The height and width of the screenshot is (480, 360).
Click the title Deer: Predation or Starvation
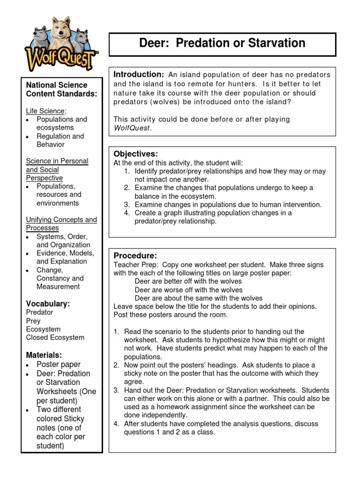(222, 44)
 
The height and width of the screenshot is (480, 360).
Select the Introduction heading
(138, 75)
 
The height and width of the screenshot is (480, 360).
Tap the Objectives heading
(136, 154)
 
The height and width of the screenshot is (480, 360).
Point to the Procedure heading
(135, 256)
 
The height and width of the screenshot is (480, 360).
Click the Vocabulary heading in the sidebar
(48, 304)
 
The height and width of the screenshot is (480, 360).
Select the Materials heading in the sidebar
(44, 355)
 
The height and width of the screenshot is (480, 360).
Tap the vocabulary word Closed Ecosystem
(55, 337)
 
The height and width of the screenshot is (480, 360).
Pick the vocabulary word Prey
(33, 321)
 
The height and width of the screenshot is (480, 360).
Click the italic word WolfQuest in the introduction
(132, 128)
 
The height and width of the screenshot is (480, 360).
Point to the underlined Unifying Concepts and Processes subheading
(61, 224)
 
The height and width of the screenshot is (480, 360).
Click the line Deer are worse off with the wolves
(188, 290)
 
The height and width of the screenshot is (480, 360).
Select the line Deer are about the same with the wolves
(198, 298)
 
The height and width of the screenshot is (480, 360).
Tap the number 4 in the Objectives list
(127, 213)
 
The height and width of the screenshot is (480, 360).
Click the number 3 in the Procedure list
(116, 390)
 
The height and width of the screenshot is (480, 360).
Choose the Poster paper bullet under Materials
(59, 364)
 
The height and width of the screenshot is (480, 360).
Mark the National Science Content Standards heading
(61, 89)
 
